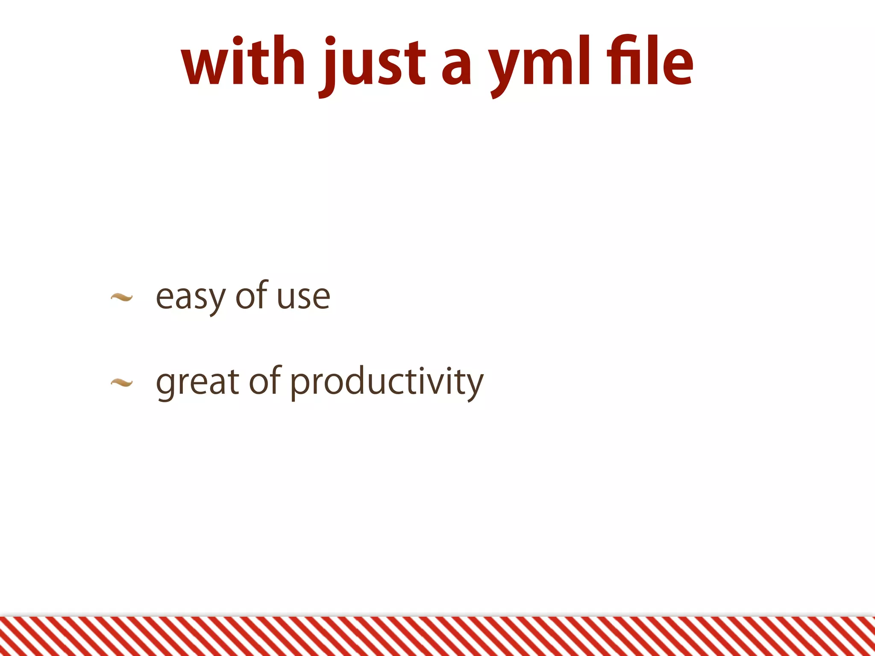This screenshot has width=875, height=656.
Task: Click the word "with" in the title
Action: pos(243,62)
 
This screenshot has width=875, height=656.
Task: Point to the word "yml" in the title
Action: pos(540,64)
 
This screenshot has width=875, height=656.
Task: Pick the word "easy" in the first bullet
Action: pos(190,297)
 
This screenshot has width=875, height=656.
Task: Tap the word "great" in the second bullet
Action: pos(197,383)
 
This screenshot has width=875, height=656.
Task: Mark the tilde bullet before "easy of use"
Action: pos(121,297)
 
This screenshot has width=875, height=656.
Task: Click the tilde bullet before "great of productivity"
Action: pos(121,383)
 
